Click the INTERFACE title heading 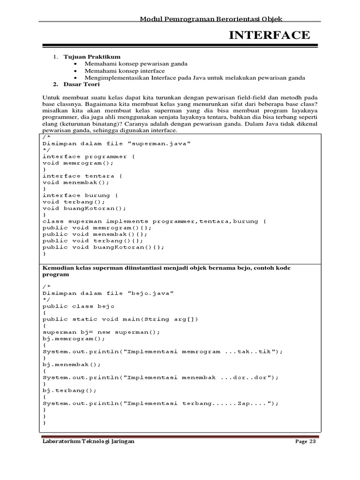(x=269, y=35)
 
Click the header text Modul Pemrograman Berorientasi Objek (x=211, y=19)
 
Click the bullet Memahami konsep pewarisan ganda (x=136, y=64)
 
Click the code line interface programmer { (x=88, y=157)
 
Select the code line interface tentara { (x=82, y=176)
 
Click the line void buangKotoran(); (x=84, y=208)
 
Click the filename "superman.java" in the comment (x=159, y=143)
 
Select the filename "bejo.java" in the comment (x=150, y=293)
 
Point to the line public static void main (x=120, y=319)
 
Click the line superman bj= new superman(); (x=101, y=332)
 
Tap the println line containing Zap (x=161, y=403)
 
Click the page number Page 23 (x=307, y=442)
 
